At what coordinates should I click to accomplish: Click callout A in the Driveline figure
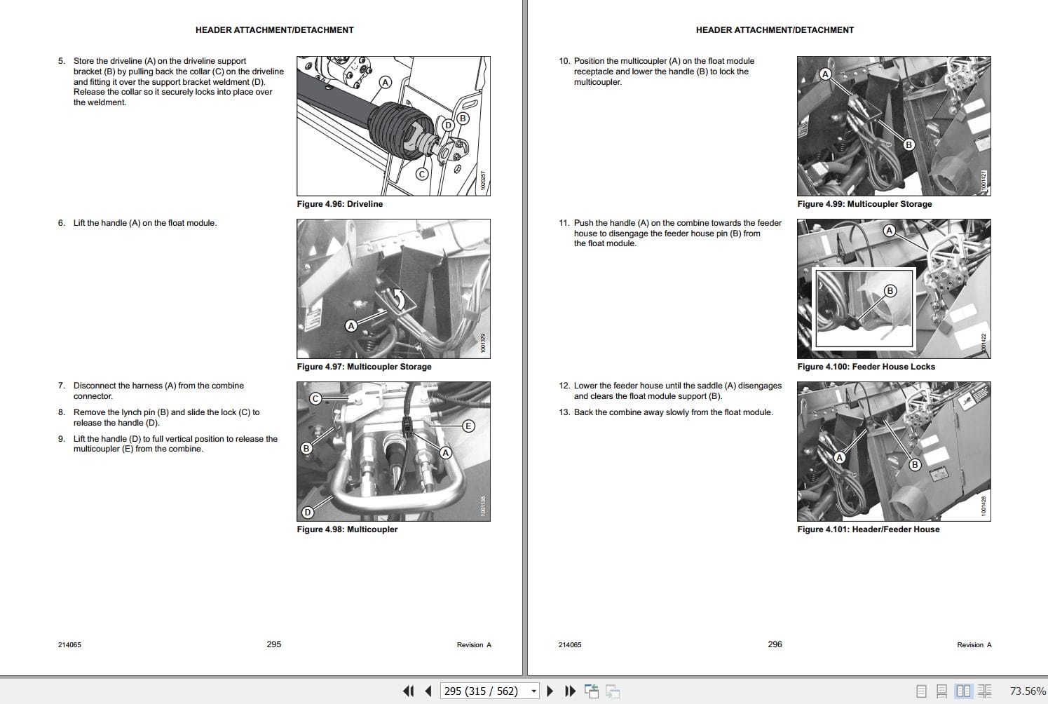385,82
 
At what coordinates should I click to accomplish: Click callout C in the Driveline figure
421,174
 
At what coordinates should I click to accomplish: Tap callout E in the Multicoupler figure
468,426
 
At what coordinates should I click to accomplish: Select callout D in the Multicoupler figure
307,513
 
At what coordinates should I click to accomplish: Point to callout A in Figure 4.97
351,325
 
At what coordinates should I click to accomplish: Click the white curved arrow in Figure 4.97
399,299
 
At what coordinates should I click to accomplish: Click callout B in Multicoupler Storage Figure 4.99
909,144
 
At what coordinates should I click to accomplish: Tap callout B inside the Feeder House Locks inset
890,290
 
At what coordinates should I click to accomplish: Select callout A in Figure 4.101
839,458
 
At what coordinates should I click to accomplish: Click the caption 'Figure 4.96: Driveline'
340,204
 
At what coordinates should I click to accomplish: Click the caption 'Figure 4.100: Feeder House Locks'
866,367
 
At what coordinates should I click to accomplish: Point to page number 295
273,644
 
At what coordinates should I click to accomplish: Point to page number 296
775,644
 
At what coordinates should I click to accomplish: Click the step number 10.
564,61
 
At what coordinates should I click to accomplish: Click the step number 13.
564,412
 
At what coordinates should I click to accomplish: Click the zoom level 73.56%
1027,691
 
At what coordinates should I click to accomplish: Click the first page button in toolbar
408,691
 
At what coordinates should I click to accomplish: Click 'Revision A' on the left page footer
474,645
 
